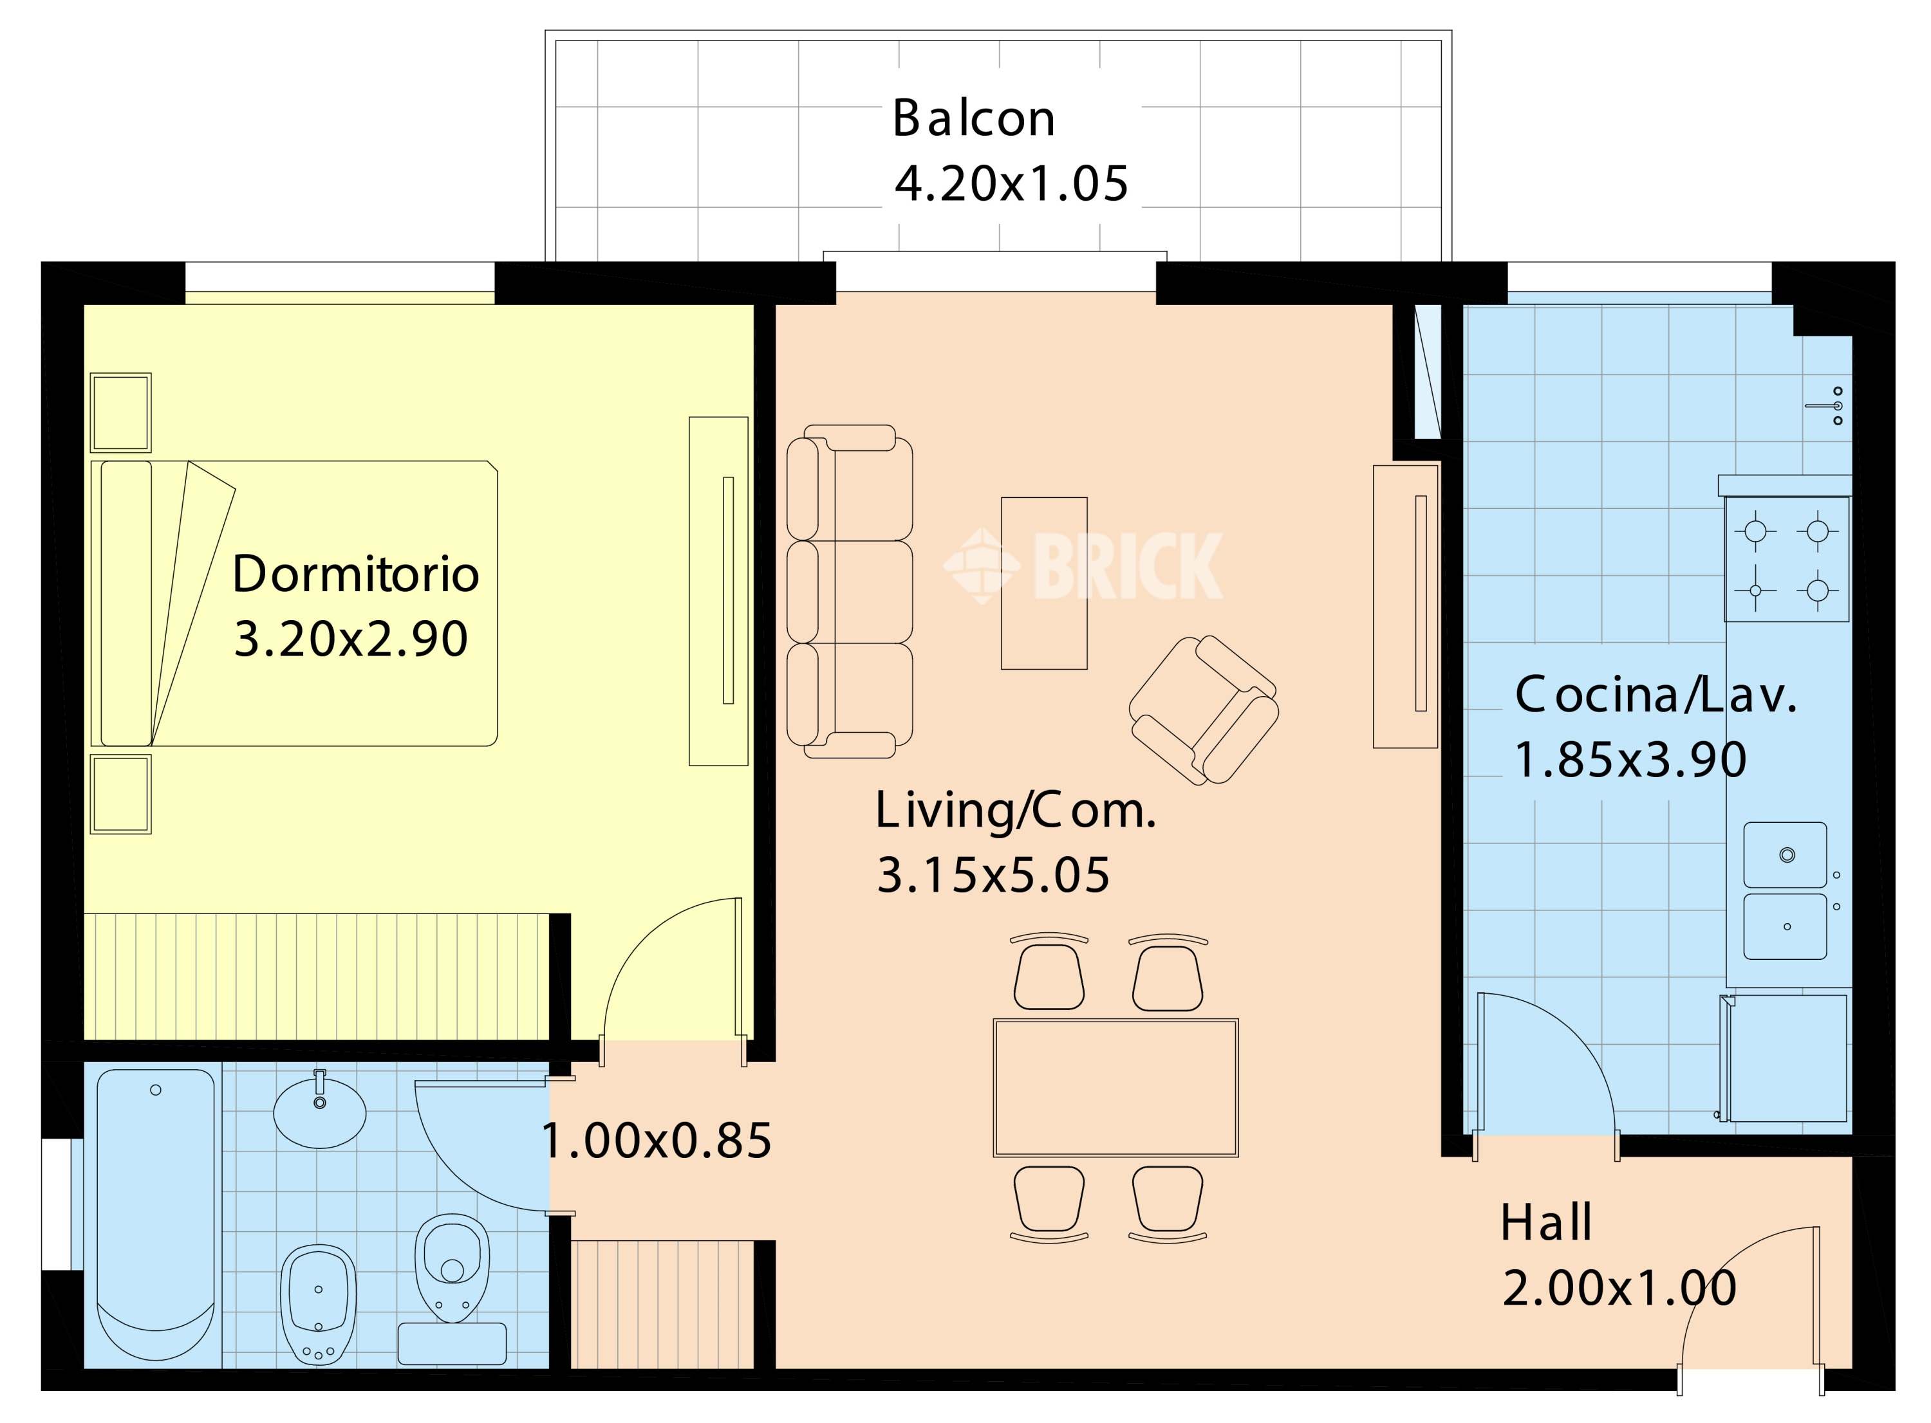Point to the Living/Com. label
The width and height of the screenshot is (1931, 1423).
point(1015,811)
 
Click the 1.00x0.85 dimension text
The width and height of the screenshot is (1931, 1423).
point(657,1141)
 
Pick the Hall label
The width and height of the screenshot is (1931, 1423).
point(1546,1222)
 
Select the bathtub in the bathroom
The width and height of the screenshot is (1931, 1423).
point(156,1217)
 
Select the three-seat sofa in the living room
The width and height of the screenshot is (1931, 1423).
point(850,591)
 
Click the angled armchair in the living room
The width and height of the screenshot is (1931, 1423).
point(1204,710)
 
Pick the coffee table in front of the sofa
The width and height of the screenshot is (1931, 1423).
point(1043,583)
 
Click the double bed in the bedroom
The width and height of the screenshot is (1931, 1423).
point(295,603)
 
